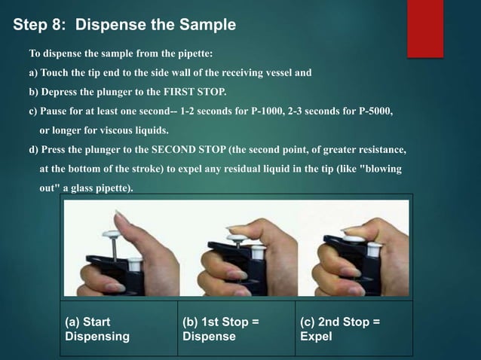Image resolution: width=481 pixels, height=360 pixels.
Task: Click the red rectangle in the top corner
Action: [x=425, y=27]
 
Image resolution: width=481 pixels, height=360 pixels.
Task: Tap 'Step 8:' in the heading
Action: [x=38, y=25]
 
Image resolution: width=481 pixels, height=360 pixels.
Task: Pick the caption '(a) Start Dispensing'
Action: [x=95, y=329]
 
